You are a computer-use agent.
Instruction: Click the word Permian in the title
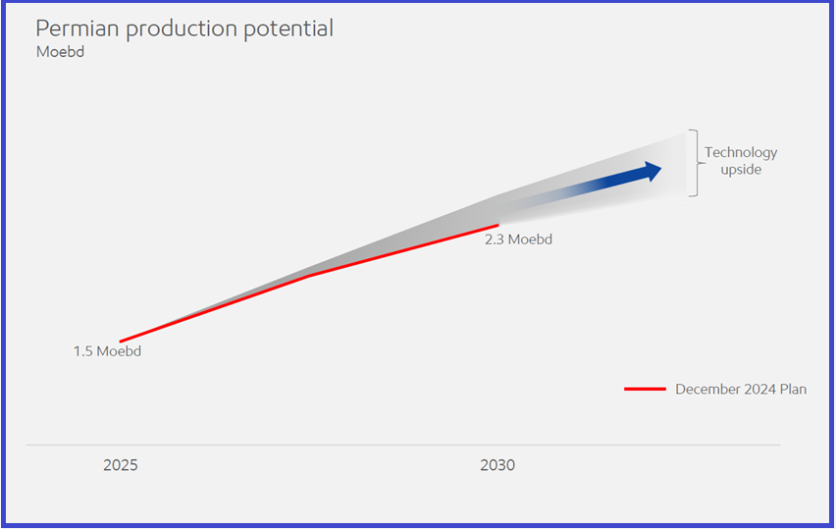coord(78,28)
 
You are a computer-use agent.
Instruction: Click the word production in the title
coord(182,29)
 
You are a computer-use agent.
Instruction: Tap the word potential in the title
coord(288,29)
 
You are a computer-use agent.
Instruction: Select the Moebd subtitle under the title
coord(60,52)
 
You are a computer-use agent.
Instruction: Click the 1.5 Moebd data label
coord(107,351)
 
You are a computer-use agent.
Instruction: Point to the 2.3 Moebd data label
coord(518,239)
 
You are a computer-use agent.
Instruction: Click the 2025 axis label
coord(121,465)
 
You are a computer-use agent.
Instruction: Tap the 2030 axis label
coord(497,465)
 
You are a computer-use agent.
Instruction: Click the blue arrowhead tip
coord(661,169)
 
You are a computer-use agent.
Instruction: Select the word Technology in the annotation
coord(741,153)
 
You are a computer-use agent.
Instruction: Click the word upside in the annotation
coord(741,170)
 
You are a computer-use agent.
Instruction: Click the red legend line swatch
coord(645,390)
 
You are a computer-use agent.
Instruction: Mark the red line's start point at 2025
coord(121,342)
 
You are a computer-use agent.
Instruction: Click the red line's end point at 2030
coord(498,226)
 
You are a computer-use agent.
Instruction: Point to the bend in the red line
coord(309,276)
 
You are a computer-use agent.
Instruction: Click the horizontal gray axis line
coord(403,445)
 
